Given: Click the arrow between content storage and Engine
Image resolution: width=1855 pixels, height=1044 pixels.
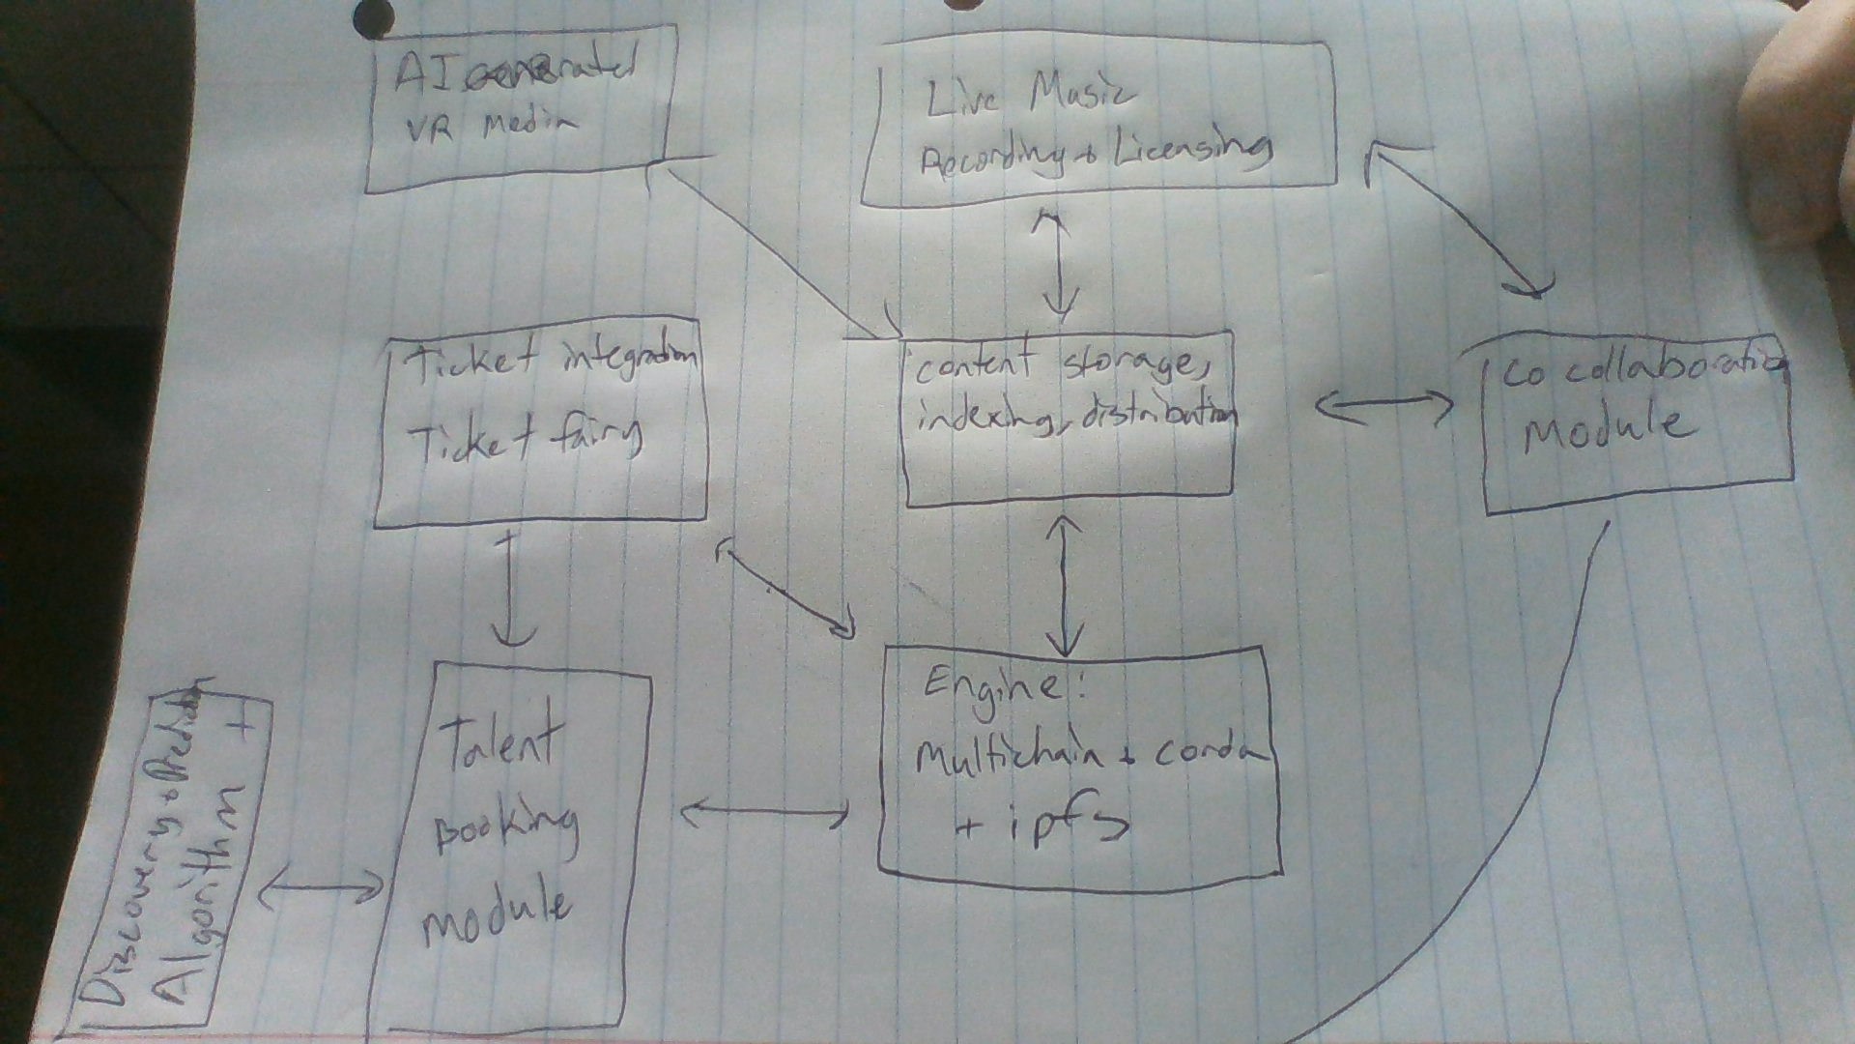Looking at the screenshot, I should click(1065, 585).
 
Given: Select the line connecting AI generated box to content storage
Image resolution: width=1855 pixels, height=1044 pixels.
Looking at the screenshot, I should click(773, 251).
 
